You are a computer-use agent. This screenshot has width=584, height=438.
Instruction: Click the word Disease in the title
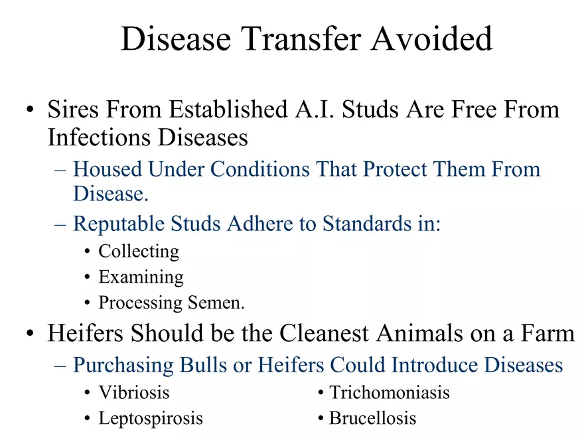(x=176, y=38)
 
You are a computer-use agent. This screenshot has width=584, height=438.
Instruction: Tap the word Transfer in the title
(x=301, y=38)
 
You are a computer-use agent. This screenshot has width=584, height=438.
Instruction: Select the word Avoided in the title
(x=431, y=38)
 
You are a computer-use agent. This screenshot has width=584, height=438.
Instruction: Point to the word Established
(x=228, y=110)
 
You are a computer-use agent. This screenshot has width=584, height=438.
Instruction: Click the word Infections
(x=100, y=137)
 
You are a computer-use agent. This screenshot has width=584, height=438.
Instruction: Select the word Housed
(x=108, y=169)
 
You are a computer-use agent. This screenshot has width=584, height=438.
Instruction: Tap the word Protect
(x=395, y=169)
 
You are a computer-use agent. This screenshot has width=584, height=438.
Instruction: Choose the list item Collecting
(x=139, y=252)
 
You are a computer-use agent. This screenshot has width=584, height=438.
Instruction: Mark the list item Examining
(x=141, y=277)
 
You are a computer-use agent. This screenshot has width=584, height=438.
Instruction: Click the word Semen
(x=216, y=303)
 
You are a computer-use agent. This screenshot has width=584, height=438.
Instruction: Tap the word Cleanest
(x=324, y=332)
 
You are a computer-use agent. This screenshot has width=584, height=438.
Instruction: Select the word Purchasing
(x=123, y=365)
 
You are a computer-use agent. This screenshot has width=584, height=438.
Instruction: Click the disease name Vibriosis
(x=134, y=393)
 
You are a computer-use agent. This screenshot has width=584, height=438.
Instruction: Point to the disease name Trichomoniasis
(x=389, y=393)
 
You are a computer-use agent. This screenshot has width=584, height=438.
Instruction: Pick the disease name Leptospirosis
(x=151, y=419)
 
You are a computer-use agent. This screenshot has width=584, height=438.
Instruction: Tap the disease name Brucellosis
(x=372, y=418)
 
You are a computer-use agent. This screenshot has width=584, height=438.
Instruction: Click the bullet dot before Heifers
(x=30, y=333)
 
